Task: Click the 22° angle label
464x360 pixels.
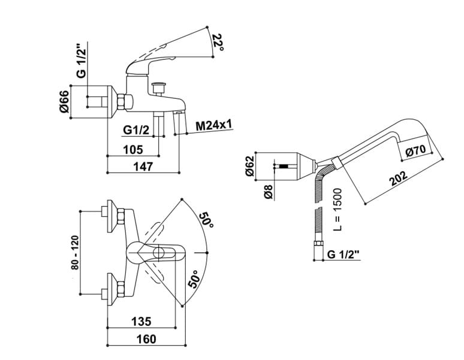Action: point(218,43)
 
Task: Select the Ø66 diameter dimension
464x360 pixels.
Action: point(64,101)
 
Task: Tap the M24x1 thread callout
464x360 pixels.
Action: point(214,126)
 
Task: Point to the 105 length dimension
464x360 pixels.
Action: point(133,150)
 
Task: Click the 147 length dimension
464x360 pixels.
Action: point(143,167)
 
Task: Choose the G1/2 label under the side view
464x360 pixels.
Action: point(136,130)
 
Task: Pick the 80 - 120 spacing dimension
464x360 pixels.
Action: point(75,252)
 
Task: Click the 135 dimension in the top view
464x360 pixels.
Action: point(141,321)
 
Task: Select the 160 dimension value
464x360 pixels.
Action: point(146,339)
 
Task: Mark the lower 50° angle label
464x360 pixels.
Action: point(195,279)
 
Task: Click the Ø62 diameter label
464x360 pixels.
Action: point(250,165)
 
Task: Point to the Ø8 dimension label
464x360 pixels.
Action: point(268,192)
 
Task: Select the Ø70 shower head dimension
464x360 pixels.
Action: point(416,150)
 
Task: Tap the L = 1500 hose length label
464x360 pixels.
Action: point(337,209)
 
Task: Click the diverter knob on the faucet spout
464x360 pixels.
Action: point(159,88)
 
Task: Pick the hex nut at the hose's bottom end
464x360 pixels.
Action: point(318,245)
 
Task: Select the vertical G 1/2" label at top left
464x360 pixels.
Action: point(81,61)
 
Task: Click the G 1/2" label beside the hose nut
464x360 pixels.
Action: point(344,254)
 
